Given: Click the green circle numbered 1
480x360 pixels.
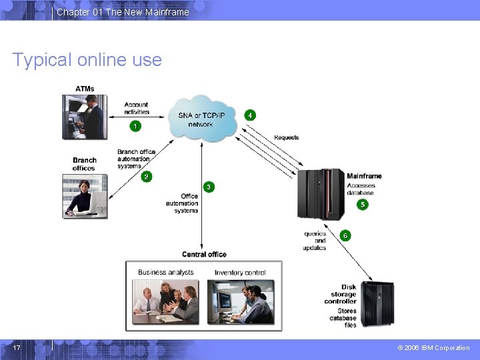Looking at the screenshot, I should [x=136, y=125].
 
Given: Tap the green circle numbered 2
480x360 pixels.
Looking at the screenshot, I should [x=146, y=177].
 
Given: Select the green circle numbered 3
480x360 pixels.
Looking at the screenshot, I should [x=209, y=187].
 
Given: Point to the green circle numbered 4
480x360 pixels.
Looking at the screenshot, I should [x=250, y=115].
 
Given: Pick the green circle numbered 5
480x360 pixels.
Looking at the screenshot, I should [x=363, y=205].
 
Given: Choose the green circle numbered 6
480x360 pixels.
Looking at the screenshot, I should [x=345, y=235].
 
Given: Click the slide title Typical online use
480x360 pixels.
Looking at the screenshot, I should [x=87, y=60].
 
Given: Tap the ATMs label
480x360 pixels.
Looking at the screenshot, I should [x=85, y=89].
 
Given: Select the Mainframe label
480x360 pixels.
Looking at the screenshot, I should [x=364, y=176].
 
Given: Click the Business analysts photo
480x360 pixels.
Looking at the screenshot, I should [x=165, y=301].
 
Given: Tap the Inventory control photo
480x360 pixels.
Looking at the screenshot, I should [x=240, y=301].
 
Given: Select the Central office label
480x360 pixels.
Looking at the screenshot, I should [x=204, y=254].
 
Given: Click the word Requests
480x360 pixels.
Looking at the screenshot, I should [x=287, y=137].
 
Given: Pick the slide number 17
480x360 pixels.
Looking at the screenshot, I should [x=17, y=347].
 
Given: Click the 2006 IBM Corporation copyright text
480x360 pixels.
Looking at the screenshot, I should [x=433, y=348].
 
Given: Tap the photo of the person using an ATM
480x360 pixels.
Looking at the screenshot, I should [x=83, y=117].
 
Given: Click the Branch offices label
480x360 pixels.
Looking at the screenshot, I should [x=85, y=164].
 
